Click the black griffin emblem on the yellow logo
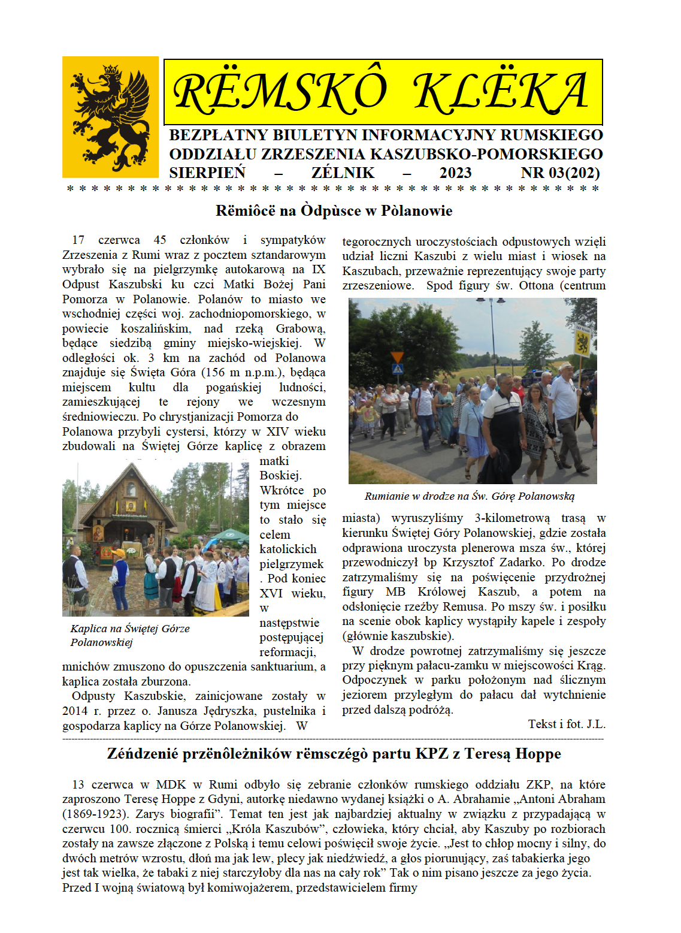[111, 117]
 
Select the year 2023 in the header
[455, 173]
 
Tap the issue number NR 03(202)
[560, 173]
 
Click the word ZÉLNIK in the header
[343, 173]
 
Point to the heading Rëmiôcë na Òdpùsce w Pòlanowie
[334, 211]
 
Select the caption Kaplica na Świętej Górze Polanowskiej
[129, 635]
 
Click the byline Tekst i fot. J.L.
[567, 724]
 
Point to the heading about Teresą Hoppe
[334, 754]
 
